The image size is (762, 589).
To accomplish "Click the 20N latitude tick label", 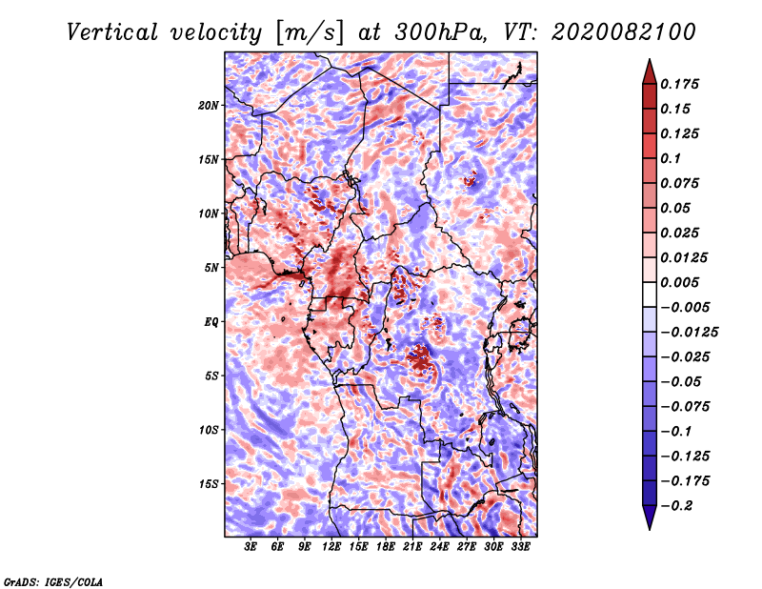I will click(x=209, y=105).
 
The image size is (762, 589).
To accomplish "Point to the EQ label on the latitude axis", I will click(x=211, y=322).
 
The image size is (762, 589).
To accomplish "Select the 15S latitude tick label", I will click(x=209, y=484).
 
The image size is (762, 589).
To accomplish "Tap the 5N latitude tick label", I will click(x=211, y=268).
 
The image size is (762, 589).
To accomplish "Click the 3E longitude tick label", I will click(x=251, y=547).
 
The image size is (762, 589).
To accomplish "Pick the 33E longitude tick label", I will click(x=520, y=547).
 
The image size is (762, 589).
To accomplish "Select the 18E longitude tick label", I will click(x=386, y=547).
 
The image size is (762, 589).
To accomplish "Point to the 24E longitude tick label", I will click(x=439, y=547).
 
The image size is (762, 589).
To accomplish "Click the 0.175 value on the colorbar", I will click(x=683, y=85).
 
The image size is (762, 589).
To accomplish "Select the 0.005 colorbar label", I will click(x=683, y=283).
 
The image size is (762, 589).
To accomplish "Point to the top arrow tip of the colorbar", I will click(x=649, y=61).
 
